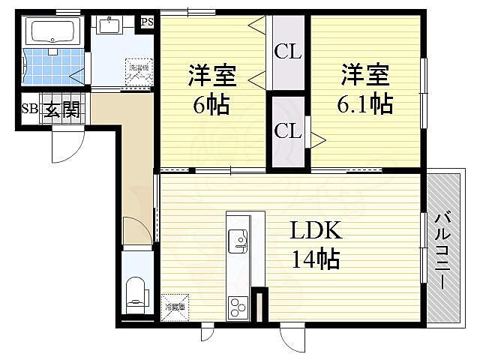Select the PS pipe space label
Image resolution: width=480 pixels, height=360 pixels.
(147, 21)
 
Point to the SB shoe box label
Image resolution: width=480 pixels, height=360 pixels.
(29, 109)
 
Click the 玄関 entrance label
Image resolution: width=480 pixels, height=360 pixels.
(61, 110)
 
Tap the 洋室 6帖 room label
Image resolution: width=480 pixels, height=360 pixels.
(213, 88)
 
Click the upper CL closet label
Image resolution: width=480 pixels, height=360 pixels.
(287, 52)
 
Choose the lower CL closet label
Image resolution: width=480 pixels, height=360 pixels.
(287, 130)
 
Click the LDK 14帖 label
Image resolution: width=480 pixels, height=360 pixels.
(315, 244)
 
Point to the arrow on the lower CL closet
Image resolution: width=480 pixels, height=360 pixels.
(317, 138)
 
